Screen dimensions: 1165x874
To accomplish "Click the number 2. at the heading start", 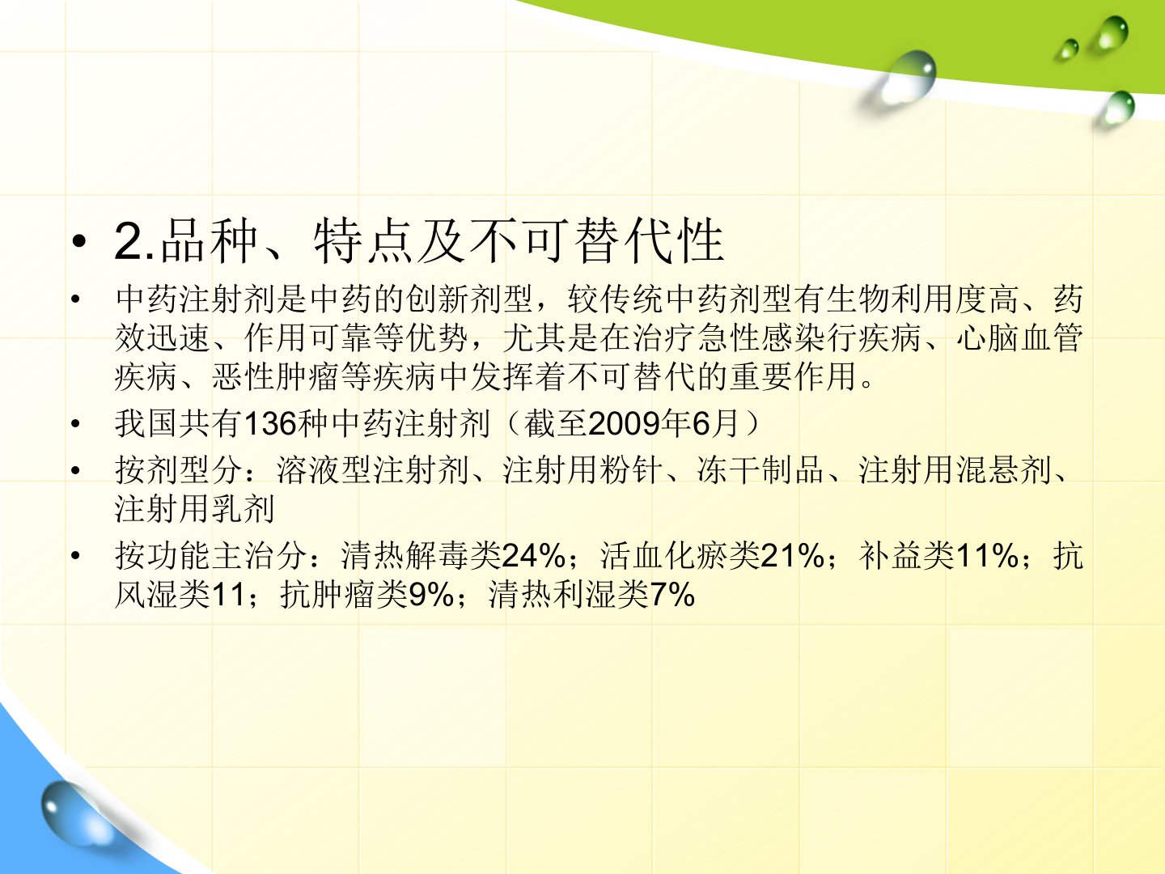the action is point(134,241).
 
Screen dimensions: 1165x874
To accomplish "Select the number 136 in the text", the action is point(270,424).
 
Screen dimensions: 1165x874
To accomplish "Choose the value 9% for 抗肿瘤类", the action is point(431,594).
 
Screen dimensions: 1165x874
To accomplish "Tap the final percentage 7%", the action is point(672,594).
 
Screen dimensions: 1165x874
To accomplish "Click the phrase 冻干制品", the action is point(760,470).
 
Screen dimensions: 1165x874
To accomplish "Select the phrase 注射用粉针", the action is point(582,470).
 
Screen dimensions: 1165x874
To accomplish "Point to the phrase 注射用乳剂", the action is point(194,509).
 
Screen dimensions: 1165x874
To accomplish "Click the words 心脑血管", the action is point(1019,337).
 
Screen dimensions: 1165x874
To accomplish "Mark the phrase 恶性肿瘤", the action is point(275,377).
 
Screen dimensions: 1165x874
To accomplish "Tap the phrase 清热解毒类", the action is point(421,556).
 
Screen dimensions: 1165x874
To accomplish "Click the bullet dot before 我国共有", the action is point(75,424).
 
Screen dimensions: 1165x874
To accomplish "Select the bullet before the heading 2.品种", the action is point(79,241).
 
